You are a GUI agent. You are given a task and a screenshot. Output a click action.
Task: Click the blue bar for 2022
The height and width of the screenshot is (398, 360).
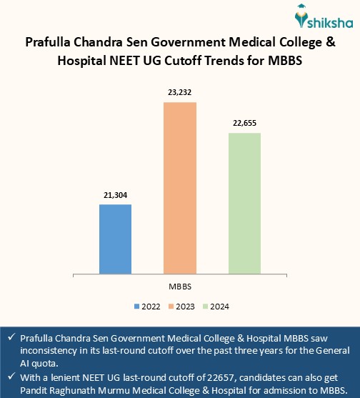click(115, 239)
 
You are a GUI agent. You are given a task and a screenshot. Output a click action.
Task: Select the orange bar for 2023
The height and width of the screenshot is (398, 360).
click(180, 188)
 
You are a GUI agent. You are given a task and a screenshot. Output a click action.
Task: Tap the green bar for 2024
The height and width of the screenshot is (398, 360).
click(244, 203)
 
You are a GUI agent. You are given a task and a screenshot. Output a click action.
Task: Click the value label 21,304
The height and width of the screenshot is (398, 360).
click(115, 195)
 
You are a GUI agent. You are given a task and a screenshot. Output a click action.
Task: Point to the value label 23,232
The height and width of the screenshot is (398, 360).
click(180, 93)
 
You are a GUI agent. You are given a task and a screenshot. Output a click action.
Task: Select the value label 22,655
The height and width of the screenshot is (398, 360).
click(244, 123)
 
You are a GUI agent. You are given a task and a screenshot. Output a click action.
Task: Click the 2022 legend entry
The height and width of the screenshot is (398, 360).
click(147, 306)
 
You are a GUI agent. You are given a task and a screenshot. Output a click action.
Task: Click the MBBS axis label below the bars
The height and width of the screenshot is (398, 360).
click(179, 286)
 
